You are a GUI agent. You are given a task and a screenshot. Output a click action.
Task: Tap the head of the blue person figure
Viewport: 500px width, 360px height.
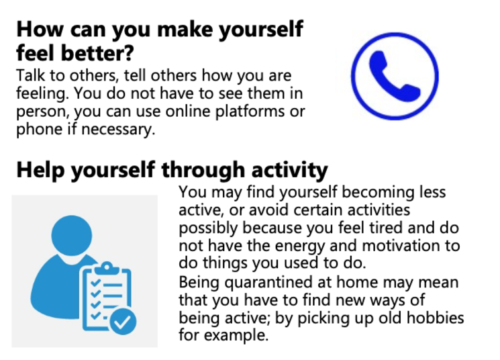coord(72,236)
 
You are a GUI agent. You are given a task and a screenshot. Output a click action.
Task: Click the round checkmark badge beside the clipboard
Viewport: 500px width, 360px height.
coord(123,322)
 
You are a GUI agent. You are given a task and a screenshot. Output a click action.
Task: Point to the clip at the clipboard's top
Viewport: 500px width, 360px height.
coord(107,268)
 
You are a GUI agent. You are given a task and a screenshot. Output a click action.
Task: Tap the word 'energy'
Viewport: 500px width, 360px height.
coord(300,246)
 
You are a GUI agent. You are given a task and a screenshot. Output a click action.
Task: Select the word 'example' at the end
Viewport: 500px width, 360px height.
coord(234,336)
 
